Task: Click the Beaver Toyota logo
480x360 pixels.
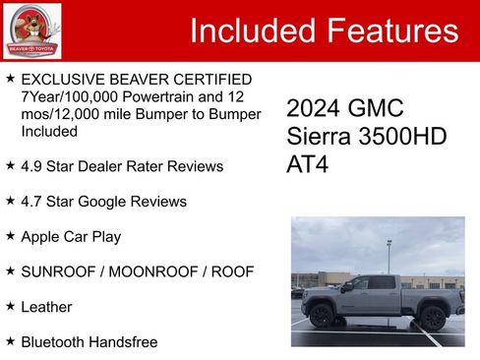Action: [31, 30]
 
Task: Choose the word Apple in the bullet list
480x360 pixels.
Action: [41, 237]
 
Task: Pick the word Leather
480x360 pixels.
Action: [46, 307]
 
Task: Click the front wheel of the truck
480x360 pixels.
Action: [321, 316]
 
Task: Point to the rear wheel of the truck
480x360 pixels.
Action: [432, 316]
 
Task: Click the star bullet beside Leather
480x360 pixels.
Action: [10, 306]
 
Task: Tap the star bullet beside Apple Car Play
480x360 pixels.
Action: [10, 236]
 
